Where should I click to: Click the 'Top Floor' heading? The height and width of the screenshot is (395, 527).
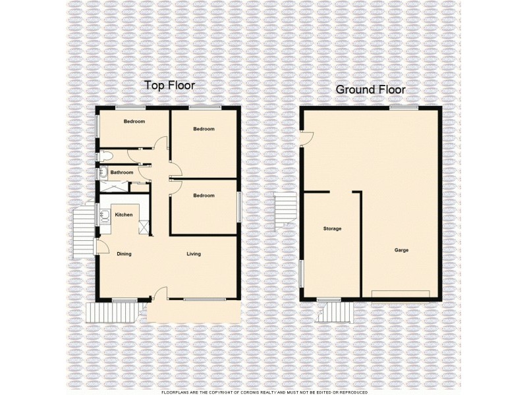click(170, 86)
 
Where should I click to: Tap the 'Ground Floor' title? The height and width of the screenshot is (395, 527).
click(370, 90)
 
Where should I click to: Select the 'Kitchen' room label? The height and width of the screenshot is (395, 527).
click(124, 215)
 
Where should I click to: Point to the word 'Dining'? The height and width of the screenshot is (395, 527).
click(124, 254)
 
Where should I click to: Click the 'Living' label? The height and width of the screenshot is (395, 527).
click(193, 254)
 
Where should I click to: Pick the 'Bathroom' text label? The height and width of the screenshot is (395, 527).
click(122, 172)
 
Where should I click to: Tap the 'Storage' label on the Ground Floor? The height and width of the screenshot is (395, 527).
click(332, 228)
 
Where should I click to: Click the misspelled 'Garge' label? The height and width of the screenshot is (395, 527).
click(402, 251)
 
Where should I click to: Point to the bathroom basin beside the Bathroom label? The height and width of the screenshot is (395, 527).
click(104, 173)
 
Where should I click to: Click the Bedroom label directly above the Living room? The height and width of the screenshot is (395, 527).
click(204, 196)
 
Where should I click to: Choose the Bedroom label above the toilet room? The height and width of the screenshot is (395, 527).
click(134, 121)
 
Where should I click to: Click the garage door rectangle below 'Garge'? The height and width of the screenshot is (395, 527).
click(401, 294)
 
